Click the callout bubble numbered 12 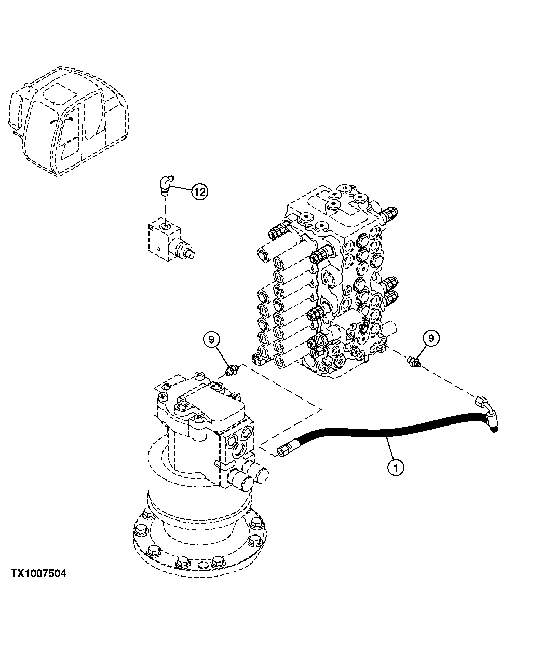(x=200, y=191)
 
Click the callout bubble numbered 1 (x=395, y=467)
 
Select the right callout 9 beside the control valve (x=431, y=338)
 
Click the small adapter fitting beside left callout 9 (x=232, y=369)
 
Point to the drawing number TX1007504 (x=38, y=574)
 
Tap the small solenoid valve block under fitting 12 (x=162, y=238)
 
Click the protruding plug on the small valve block (x=185, y=250)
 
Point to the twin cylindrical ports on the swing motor (x=249, y=475)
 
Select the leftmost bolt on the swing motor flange (x=140, y=530)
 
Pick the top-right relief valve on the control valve (x=390, y=212)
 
